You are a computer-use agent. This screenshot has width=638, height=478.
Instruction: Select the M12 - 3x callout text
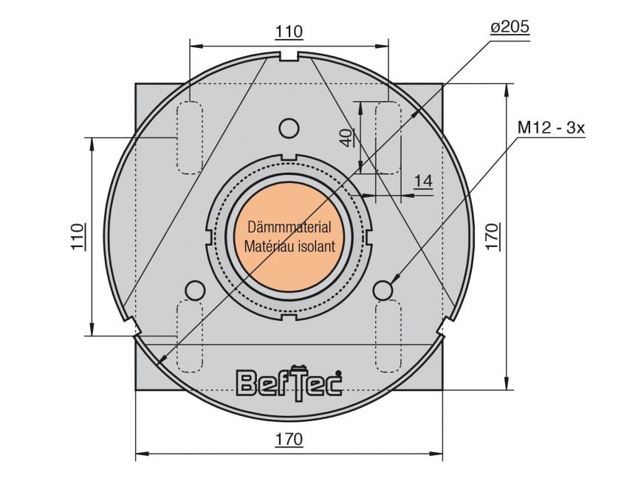pyautogui.click(x=550, y=127)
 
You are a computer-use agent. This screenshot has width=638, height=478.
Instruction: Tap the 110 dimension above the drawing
pyautogui.click(x=289, y=32)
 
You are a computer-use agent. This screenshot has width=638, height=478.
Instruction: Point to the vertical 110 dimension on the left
pyautogui.click(x=79, y=236)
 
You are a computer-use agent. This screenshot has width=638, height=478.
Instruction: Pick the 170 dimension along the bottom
pyautogui.click(x=289, y=439)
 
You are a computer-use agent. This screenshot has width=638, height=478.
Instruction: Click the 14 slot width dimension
pyautogui.click(x=422, y=182)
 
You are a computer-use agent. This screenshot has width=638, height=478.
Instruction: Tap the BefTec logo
pyautogui.click(x=289, y=381)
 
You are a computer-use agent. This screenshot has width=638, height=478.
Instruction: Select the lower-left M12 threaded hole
pyautogui.click(x=194, y=290)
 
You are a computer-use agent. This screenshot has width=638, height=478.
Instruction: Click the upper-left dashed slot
pyautogui.click(x=191, y=138)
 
